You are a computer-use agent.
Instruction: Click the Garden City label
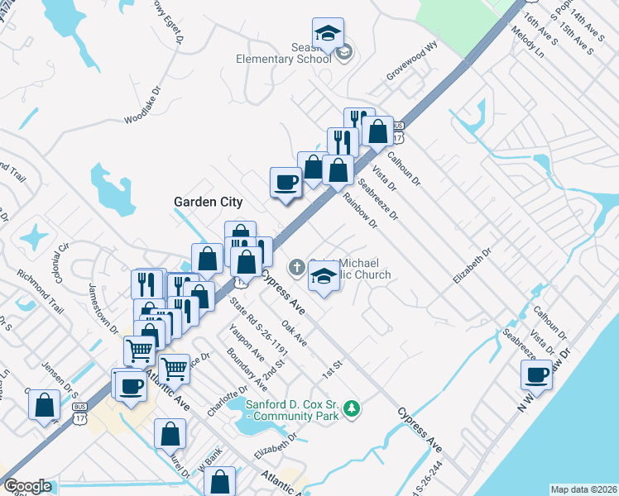(208, 202)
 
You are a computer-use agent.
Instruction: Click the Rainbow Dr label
(361, 210)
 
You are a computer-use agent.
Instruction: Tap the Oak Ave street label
(295, 334)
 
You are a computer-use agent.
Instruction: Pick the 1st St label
(333, 364)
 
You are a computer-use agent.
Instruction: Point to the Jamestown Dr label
(103, 305)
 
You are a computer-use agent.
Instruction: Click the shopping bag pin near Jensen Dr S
(44, 406)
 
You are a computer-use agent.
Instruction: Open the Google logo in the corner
(27, 486)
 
